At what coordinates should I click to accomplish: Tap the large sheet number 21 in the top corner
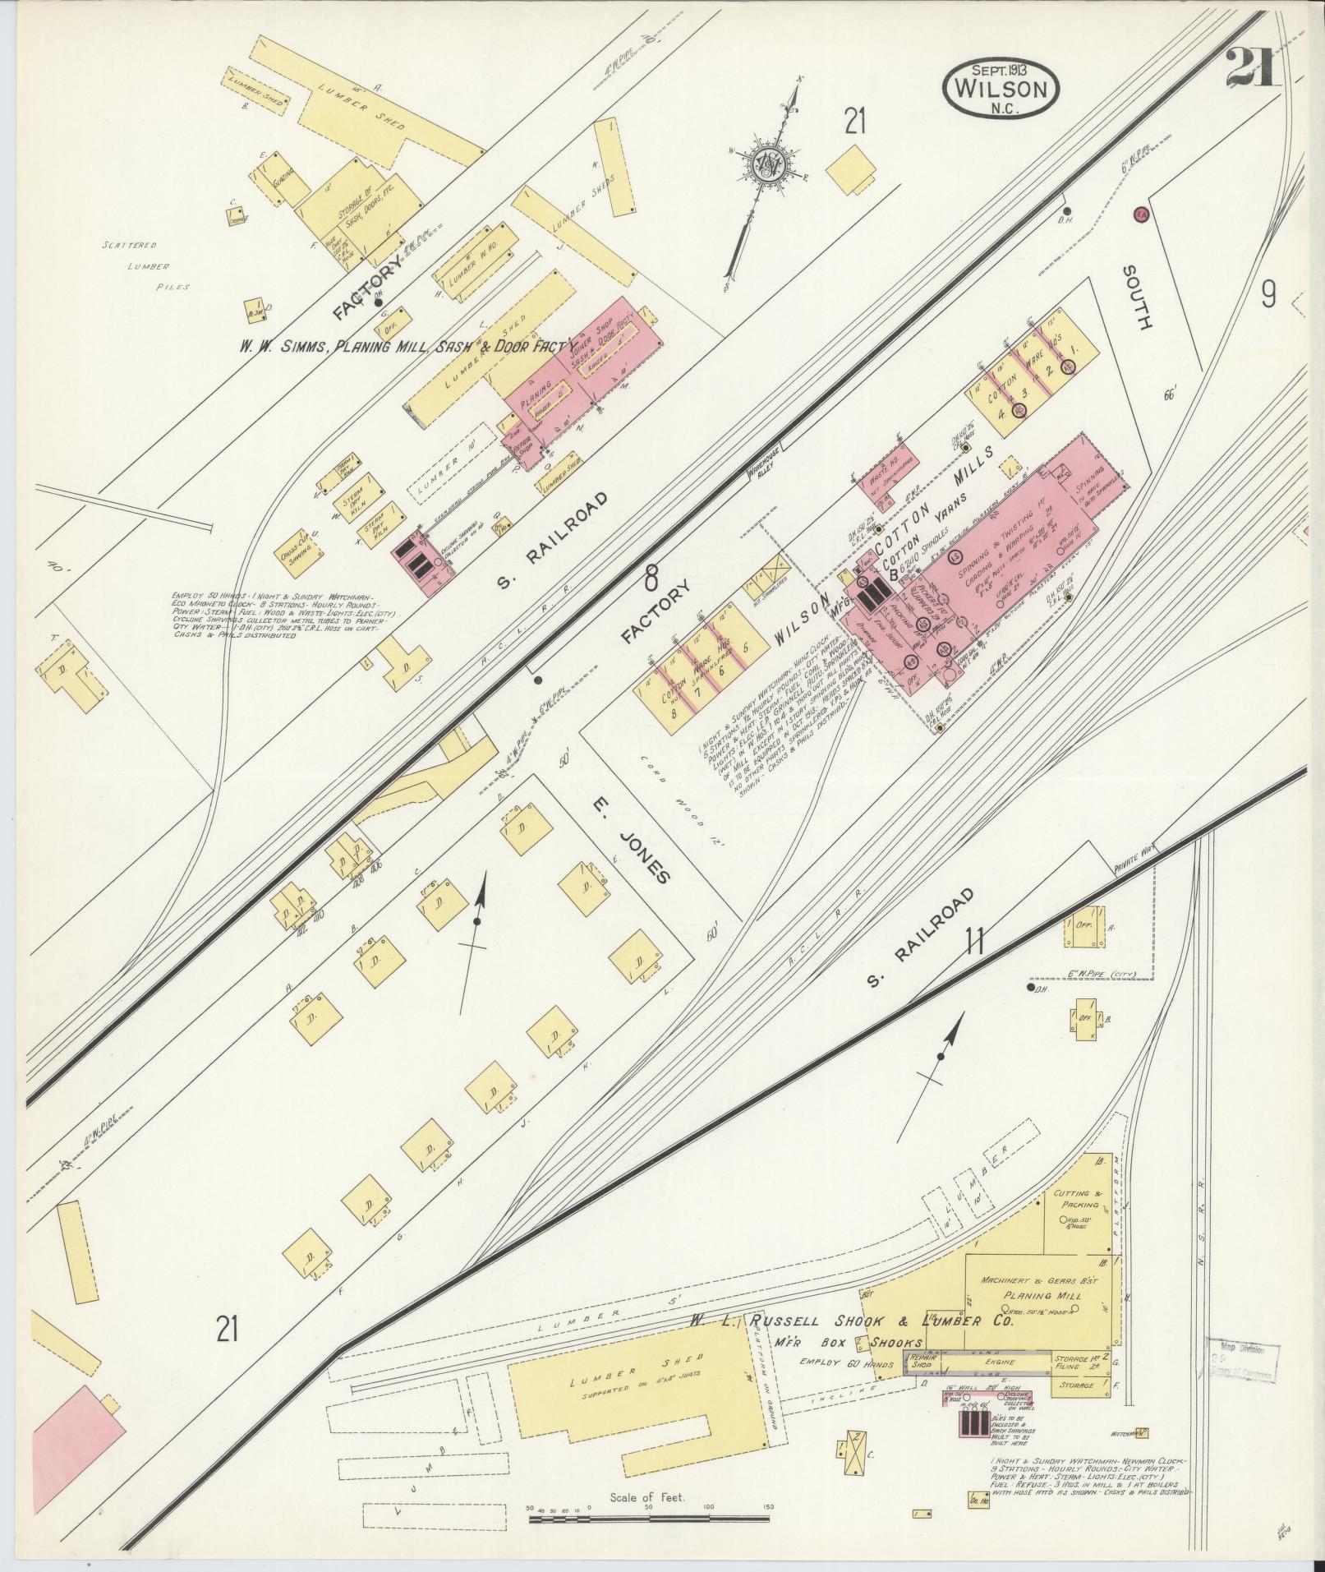click(1252, 68)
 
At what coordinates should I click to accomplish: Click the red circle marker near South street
click(1140, 214)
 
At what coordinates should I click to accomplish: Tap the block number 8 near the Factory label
click(651, 579)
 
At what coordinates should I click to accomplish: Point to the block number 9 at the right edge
click(1268, 293)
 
